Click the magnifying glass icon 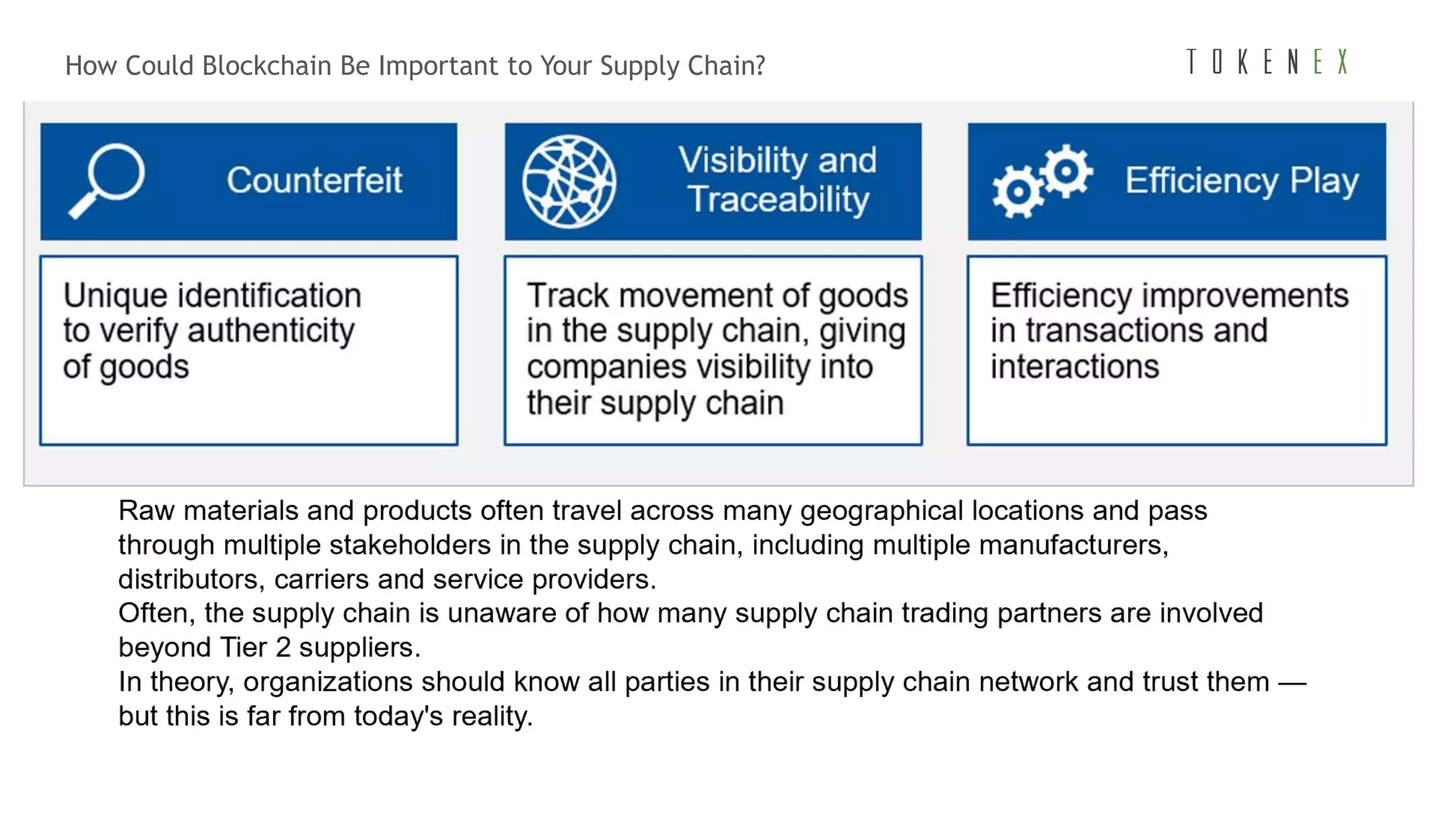coord(107,181)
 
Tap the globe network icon coord(569,181)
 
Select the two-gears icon coord(1042,181)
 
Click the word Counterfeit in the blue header coord(314,180)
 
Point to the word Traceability coord(778,200)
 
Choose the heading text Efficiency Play coord(1241,181)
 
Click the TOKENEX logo coord(1267,62)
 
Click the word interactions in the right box coord(1074,367)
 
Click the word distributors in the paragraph coord(191,579)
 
